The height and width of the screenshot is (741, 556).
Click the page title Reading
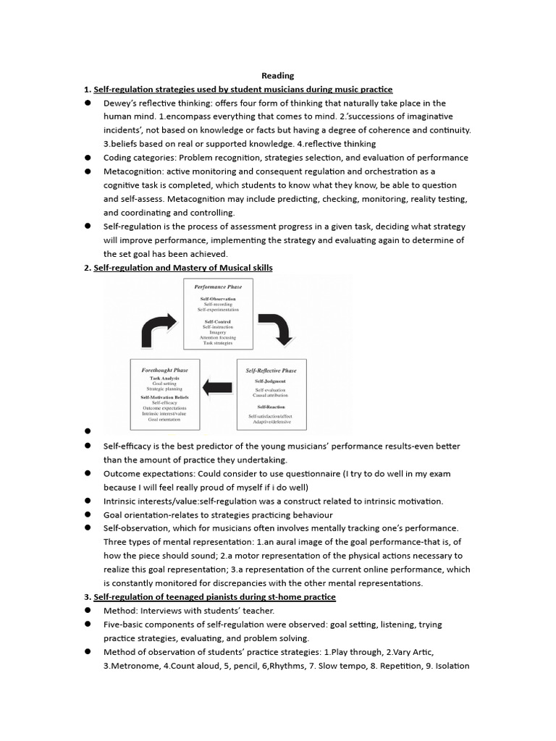coord(277,75)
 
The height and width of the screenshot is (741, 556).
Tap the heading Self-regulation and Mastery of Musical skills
coord(183,267)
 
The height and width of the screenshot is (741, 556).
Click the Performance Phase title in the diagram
coord(217,287)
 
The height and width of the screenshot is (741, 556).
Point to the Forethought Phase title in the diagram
coord(164,370)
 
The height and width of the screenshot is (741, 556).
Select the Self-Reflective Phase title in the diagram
coord(271,370)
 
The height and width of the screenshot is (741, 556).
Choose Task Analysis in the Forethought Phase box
coord(164,378)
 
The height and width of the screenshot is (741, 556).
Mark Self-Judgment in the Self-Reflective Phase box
coord(270,380)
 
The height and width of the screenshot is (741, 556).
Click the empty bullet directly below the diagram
coord(87,432)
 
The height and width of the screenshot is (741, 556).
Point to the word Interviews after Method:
coord(166,611)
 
